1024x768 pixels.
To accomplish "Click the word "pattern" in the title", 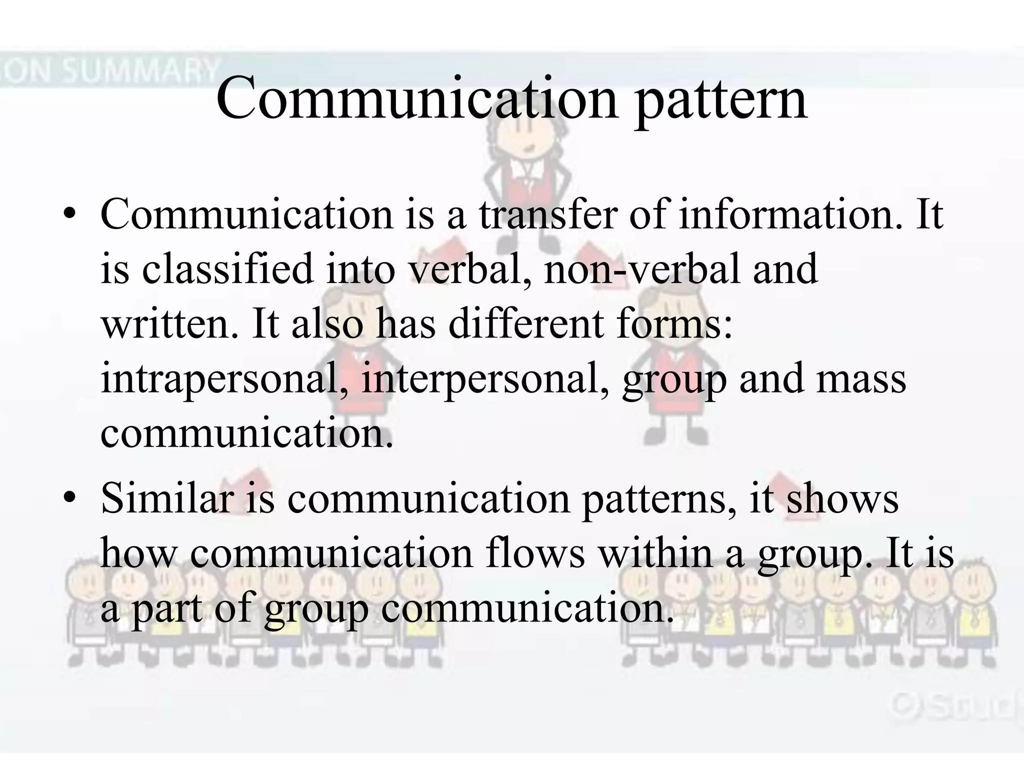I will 721,100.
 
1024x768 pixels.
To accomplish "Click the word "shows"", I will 842,498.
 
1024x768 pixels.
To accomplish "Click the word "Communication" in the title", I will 417,100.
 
